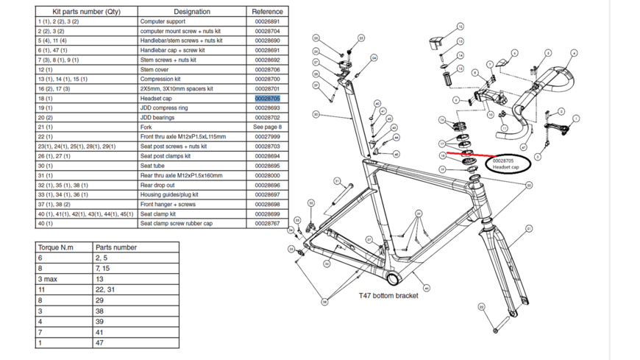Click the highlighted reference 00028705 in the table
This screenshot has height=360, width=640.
coord(267,98)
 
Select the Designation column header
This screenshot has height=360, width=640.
coord(192,12)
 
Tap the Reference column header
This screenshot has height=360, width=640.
coord(267,12)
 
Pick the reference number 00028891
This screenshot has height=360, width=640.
coord(267,21)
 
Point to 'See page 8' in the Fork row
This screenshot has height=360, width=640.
coord(267,127)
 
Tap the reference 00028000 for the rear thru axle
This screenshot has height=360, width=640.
coord(267,175)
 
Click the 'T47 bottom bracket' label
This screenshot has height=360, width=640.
coord(388,295)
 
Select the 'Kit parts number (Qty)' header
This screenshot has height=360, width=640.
coord(87,12)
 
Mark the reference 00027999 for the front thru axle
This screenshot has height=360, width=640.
coord(267,136)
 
